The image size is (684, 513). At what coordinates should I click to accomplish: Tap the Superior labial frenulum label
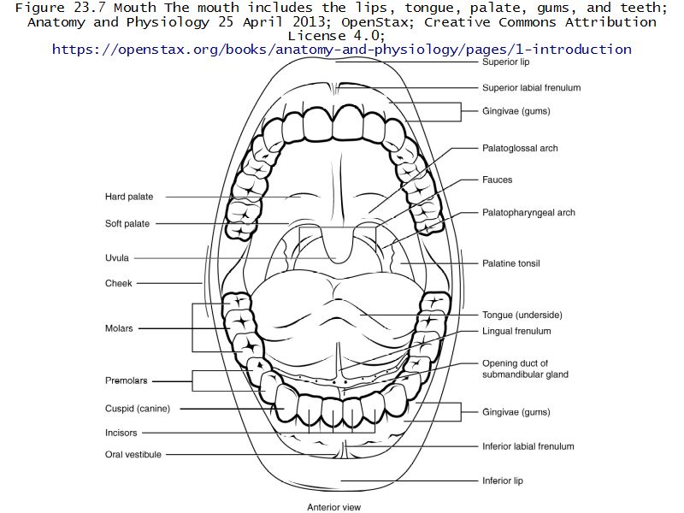531,87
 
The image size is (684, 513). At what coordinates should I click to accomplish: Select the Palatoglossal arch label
520,148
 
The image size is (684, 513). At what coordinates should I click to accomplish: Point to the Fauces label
497,180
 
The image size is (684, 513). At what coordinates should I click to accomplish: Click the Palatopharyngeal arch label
528,213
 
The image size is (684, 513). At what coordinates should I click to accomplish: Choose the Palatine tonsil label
510,263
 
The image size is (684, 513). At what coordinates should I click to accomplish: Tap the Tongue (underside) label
522,315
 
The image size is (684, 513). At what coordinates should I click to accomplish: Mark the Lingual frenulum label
516,331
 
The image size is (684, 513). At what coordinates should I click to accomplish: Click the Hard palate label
129,197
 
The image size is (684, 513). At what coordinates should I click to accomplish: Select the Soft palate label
127,224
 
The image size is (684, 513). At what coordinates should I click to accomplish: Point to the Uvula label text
117,257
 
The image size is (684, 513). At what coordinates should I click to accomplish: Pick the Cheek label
119,283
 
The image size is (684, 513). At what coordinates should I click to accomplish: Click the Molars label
119,328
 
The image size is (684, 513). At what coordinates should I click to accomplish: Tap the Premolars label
126,380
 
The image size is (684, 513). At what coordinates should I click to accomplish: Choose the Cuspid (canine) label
138,409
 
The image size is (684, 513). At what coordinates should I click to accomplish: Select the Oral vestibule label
133,455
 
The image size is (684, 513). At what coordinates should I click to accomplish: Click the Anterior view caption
333,507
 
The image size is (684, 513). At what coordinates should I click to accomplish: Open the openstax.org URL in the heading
342,50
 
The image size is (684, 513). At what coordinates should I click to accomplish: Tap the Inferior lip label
502,481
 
